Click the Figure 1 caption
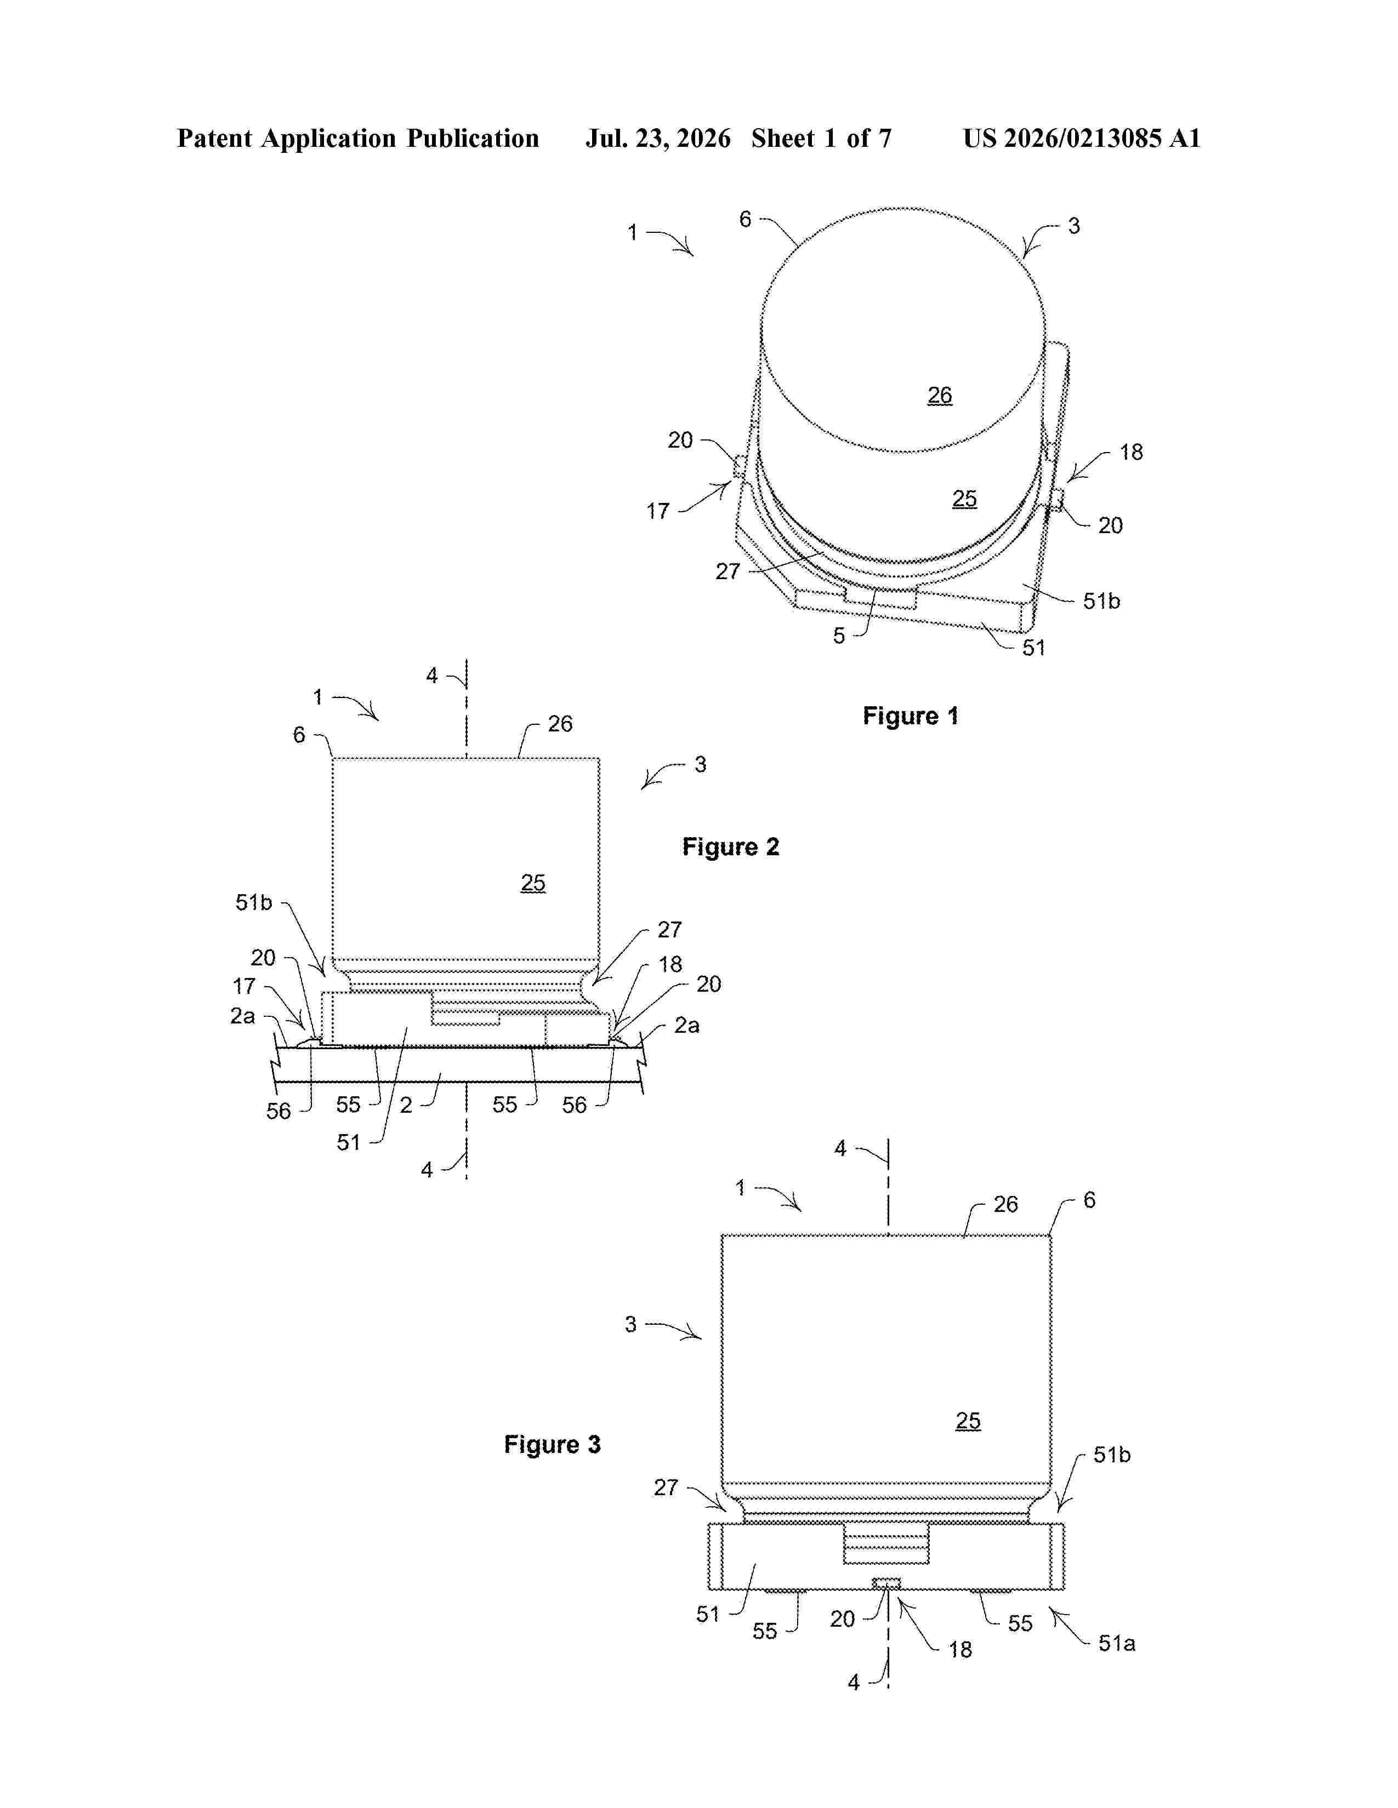[x=910, y=716]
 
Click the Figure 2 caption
[x=730, y=847]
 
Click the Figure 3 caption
[x=553, y=1445]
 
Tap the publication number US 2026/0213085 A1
[x=1082, y=138]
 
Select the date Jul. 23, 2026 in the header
[x=658, y=138]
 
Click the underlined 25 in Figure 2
[x=532, y=883]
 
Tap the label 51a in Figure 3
[x=1116, y=1643]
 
